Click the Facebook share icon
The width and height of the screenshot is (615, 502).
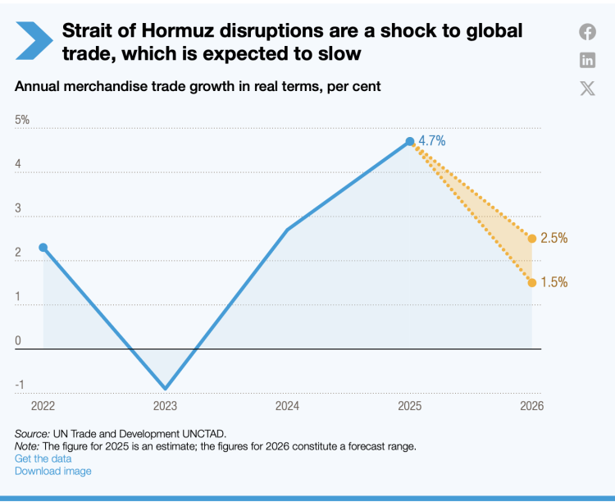click(587, 32)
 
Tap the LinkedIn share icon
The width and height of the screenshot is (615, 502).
click(587, 60)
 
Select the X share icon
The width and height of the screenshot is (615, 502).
click(587, 88)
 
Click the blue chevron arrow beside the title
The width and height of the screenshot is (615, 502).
click(34, 40)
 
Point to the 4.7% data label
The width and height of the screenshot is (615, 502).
click(432, 141)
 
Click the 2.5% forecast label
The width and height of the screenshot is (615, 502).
click(554, 238)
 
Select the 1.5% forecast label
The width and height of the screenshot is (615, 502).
click(554, 282)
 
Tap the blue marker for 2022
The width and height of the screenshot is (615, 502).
click(43, 248)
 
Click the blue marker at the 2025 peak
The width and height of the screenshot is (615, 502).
click(410, 142)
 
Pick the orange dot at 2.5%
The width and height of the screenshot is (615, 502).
click(532, 239)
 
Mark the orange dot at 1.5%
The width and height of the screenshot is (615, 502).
click(532, 282)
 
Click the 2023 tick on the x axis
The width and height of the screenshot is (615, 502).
click(166, 405)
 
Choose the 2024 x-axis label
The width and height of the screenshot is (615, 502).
click(288, 405)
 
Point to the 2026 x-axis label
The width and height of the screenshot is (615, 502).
click(531, 405)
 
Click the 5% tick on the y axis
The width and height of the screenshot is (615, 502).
click(22, 120)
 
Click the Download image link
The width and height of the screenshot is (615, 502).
click(53, 471)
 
